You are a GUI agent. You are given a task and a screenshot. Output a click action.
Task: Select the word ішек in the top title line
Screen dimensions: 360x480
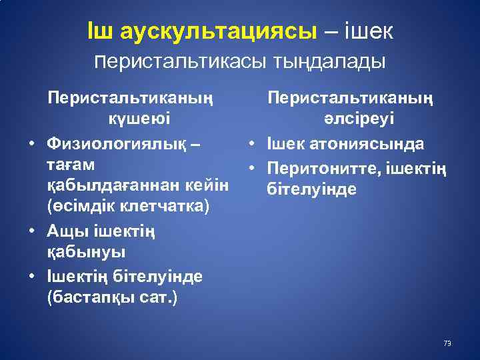(368, 31)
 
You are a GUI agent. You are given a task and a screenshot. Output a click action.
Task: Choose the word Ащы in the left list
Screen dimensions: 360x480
(64, 231)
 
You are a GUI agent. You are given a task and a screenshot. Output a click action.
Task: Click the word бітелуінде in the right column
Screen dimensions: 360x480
(311, 189)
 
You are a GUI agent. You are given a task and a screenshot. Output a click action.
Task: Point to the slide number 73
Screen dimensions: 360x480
(447, 343)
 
